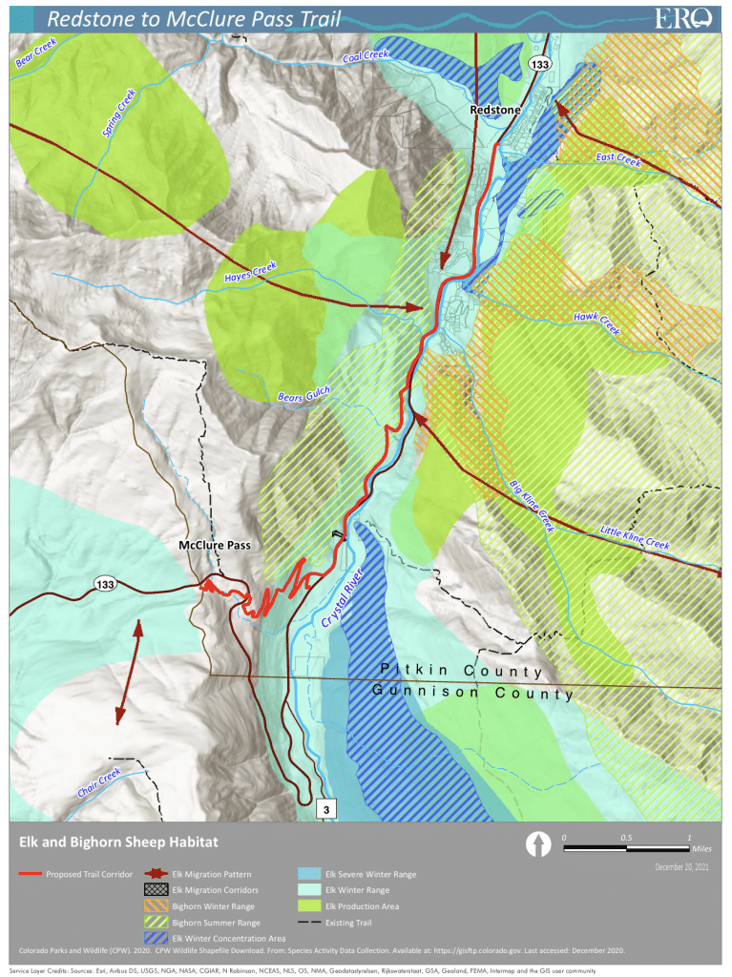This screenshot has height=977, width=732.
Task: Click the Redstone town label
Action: click(x=495, y=111)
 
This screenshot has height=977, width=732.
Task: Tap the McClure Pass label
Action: click(x=215, y=546)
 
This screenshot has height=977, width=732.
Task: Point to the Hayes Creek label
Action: click(x=250, y=272)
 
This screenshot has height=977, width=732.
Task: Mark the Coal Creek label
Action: click(x=366, y=57)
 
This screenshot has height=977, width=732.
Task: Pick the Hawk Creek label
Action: click(x=596, y=322)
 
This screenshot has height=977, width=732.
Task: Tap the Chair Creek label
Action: click(x=99, y=782)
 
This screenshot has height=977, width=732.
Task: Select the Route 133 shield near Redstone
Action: click(x=539, y=64)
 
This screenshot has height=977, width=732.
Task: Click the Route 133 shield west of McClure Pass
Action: click(x=106, y=583)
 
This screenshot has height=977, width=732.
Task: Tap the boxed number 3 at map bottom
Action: click(x=326, y=810)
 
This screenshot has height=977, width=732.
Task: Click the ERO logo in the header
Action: click(x=683, y=17)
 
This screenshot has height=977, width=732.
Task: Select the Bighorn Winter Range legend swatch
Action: click(x=155, y=905)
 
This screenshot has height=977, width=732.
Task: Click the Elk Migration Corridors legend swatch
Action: click(x=155, y=889)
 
